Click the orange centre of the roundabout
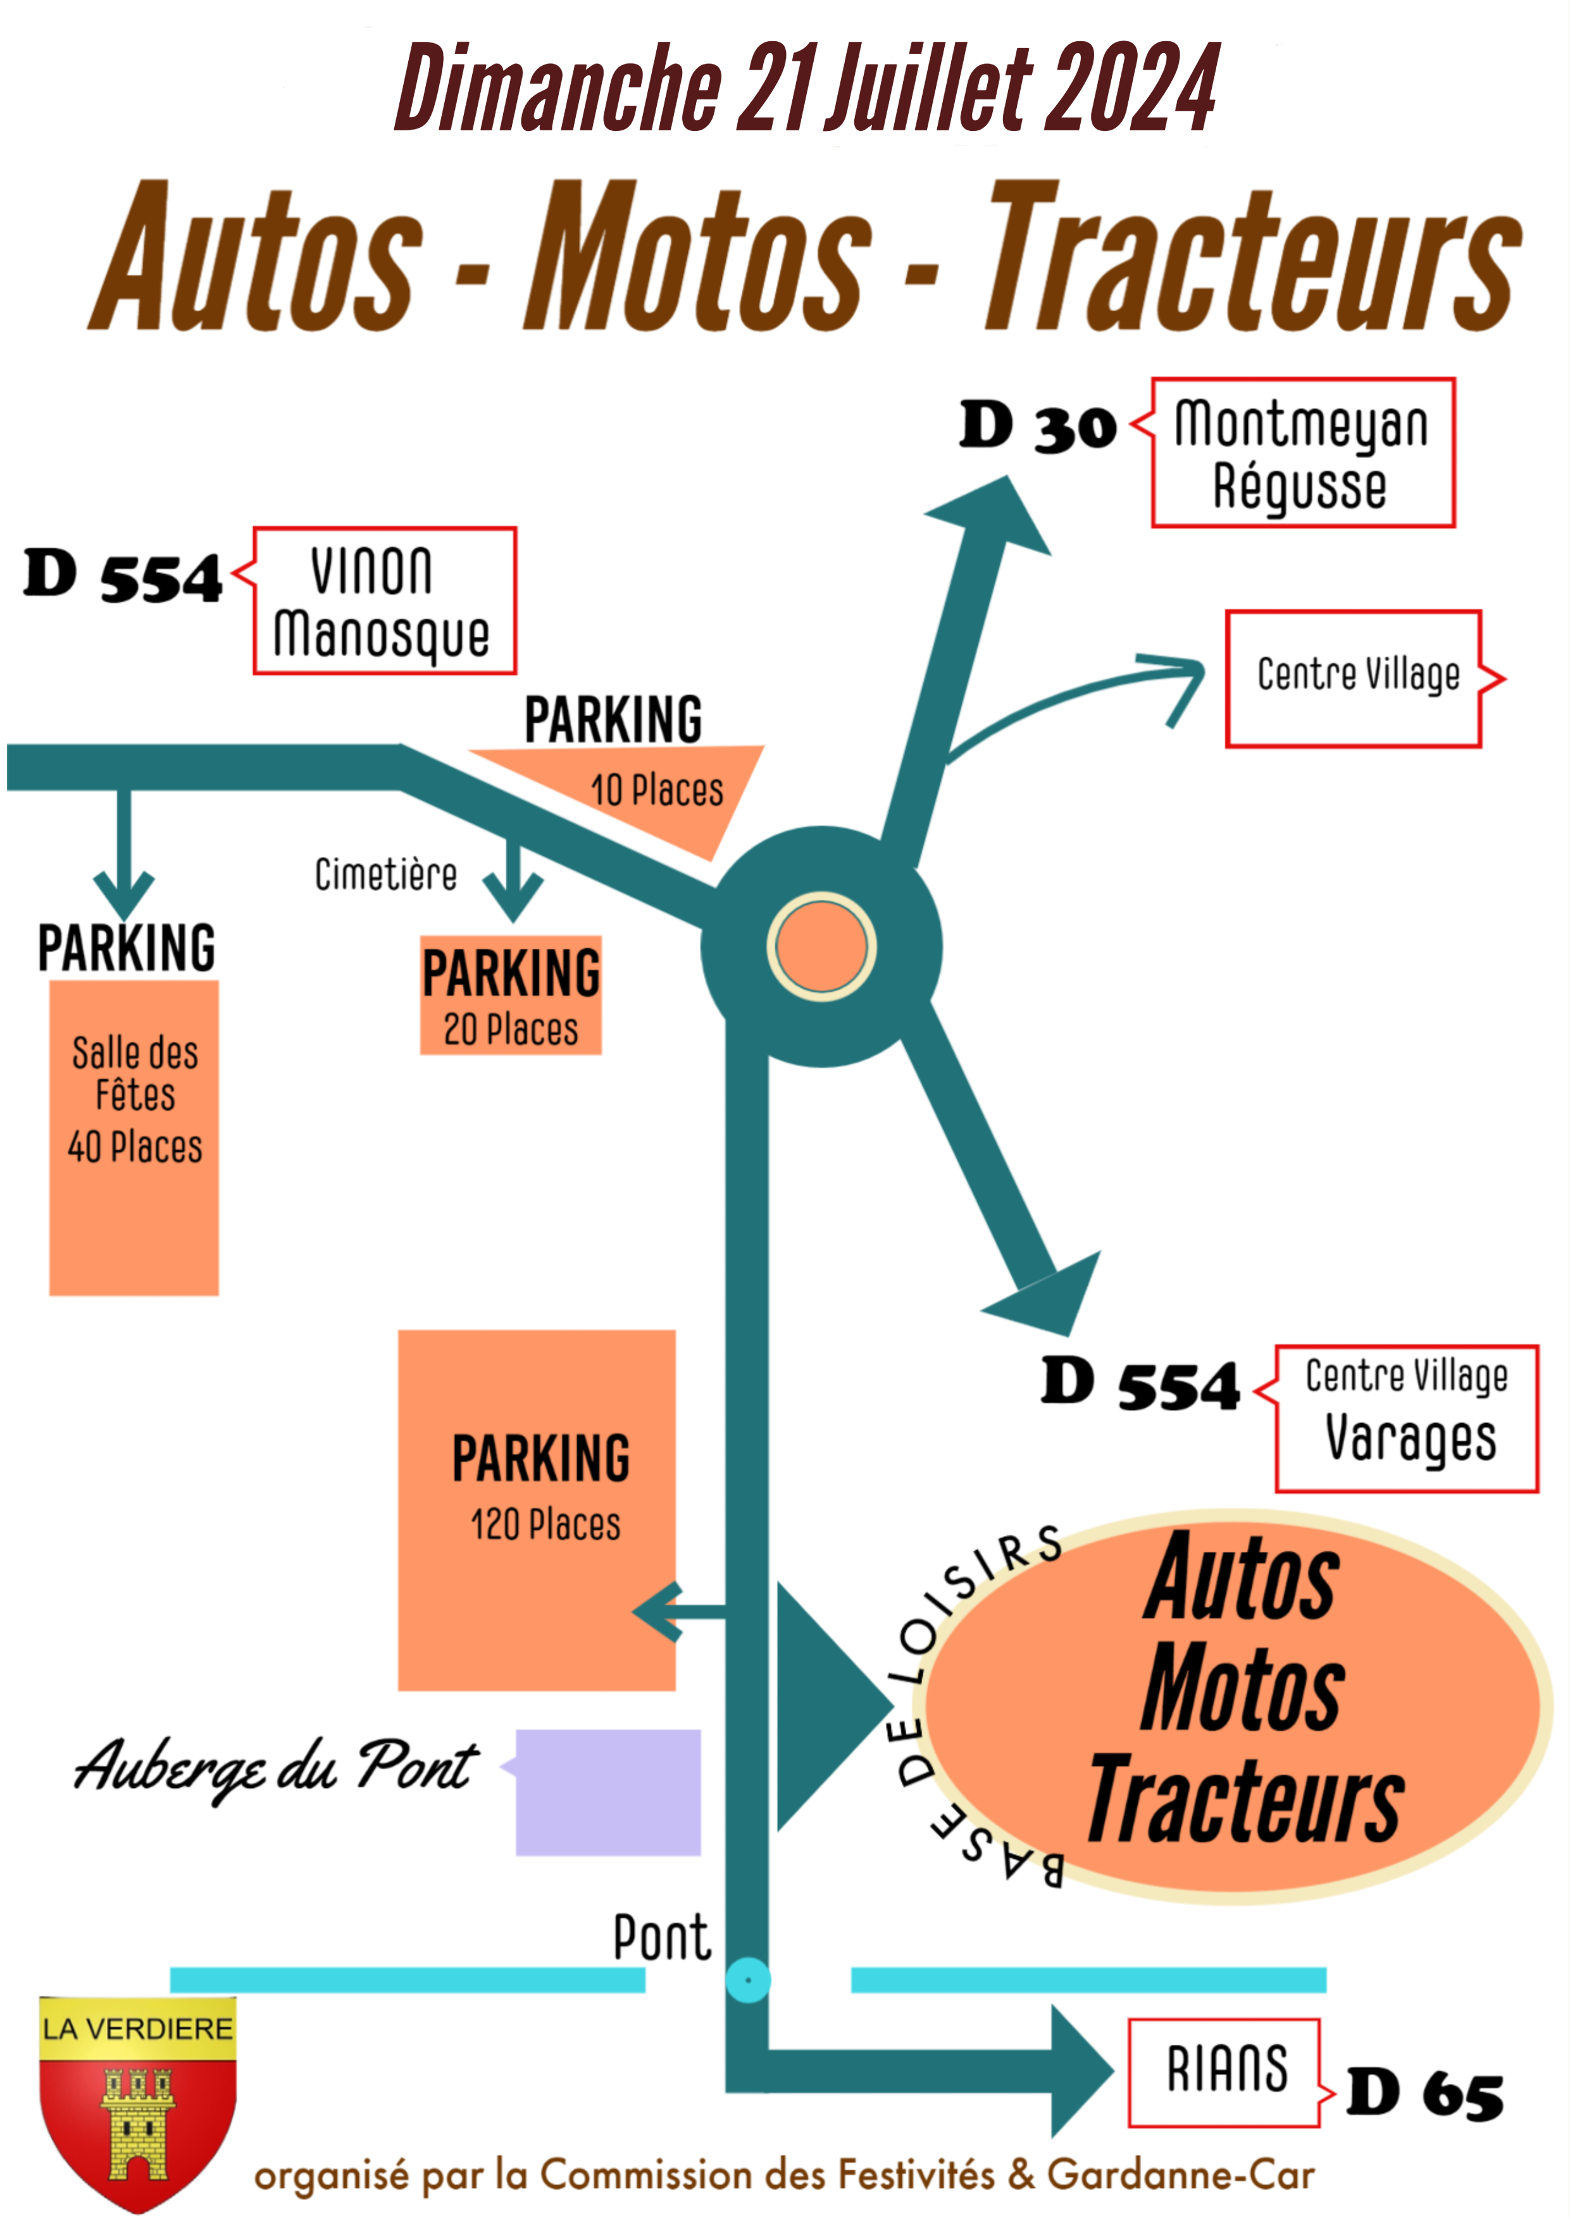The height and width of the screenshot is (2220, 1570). (821, 947)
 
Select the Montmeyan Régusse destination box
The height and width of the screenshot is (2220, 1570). (1302, 452)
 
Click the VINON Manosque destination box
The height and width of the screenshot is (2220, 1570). (384, 601)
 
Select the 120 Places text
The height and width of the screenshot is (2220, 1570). (545, 1525)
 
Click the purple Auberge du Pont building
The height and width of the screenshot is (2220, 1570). (608, 1792)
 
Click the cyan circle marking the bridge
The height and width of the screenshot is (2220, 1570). (747, 1980)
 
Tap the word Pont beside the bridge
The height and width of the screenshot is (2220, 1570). (662, 1936)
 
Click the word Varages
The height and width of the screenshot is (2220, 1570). (1411, 1438)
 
